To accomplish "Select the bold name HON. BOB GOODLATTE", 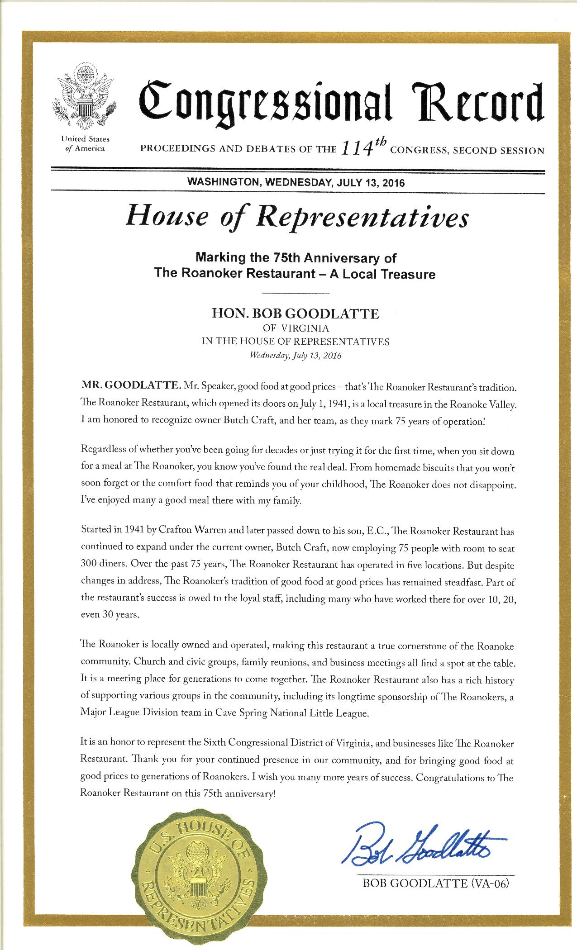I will [x=296, y=314].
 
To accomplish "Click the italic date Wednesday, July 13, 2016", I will [x=296, y=355].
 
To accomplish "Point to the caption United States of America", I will [x=85, y=144].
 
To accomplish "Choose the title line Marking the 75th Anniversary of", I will [x=296, y=258].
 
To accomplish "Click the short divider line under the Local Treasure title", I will [x=296, y=294].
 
